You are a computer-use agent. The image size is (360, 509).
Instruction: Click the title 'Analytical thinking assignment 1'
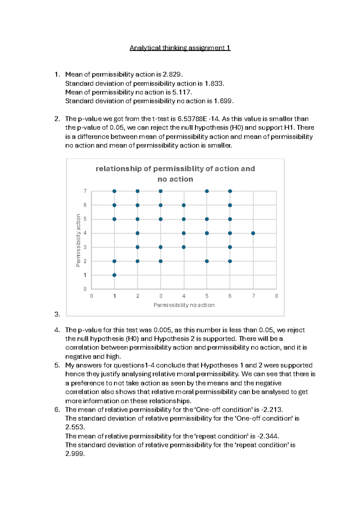[x=180, y=48]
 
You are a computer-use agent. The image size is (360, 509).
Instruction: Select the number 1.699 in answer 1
[x=223, y=101]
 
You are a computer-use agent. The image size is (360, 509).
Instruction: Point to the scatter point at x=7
[x=253, y=233]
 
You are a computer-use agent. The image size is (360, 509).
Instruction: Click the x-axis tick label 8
[x=276, y=296]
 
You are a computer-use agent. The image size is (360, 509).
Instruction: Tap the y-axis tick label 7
[x=85, y=191]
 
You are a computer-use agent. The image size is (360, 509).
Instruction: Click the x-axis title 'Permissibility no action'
[x=184, y=305]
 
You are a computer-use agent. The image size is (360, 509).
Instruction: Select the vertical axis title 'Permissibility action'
[x=78, y=240]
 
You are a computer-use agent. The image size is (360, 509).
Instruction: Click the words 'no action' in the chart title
[x=175, y=179]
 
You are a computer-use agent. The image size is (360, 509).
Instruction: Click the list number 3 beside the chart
[x=57, y=315]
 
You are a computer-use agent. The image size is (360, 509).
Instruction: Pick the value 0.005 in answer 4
[x=163, y=330]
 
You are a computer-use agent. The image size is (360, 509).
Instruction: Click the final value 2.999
[x=75, y=454]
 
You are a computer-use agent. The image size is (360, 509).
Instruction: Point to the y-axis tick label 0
[x=85, y=289]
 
